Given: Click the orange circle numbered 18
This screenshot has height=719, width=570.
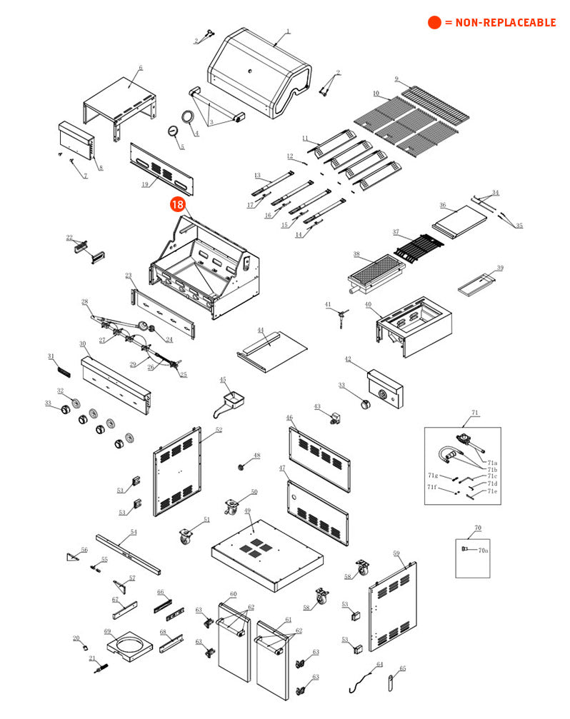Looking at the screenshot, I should pos(178,204).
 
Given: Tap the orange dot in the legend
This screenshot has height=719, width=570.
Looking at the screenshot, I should pos(434,23).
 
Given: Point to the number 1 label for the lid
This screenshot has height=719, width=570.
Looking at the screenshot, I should pos(288,31).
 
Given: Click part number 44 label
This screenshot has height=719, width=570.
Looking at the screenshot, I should pos(261,331).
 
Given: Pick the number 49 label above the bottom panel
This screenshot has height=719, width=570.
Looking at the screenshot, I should pos(248,511).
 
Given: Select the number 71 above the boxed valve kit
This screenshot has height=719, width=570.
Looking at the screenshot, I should pos(474,413).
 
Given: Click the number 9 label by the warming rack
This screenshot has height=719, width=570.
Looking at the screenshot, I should pos(396,79).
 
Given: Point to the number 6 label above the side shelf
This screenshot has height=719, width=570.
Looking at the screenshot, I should pos(141,68).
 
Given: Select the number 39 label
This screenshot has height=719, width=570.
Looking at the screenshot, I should pos(500,268).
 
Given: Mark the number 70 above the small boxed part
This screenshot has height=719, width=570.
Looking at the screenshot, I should pos(478,528).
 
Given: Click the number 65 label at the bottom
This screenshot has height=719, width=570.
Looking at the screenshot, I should pos(402,668).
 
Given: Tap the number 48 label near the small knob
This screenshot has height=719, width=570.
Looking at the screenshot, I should pos(257,456).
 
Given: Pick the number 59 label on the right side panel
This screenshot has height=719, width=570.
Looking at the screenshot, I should pos(396,553).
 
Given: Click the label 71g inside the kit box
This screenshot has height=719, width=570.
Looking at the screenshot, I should pos(432,475).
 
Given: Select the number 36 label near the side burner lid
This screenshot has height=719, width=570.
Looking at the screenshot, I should pos(442,205).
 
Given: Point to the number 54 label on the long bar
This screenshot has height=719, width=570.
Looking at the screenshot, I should pos(133,532).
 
